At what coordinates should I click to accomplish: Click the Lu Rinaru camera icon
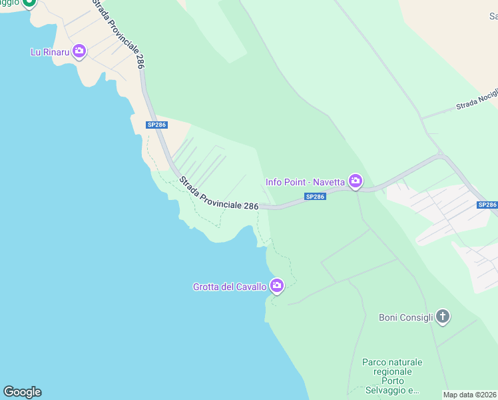(79, 51)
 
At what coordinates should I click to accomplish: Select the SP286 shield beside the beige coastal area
(156, 125)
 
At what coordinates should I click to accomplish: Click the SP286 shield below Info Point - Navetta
(315, 196)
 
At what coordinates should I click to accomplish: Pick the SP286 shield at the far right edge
(487, 205)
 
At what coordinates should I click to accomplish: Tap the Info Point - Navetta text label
(306, 181)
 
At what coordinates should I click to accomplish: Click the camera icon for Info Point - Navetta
(356, 181)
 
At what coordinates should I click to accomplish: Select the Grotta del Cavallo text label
(230, 287)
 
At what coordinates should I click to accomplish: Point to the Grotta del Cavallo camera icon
(277, 287)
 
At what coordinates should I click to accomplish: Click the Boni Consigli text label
(406, 317)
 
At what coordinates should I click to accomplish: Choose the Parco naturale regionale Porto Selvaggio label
(392, 376)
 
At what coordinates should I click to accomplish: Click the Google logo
(22, 392)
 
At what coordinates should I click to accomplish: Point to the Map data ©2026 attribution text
(470, 395)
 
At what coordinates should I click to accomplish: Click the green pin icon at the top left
(28, 3)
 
